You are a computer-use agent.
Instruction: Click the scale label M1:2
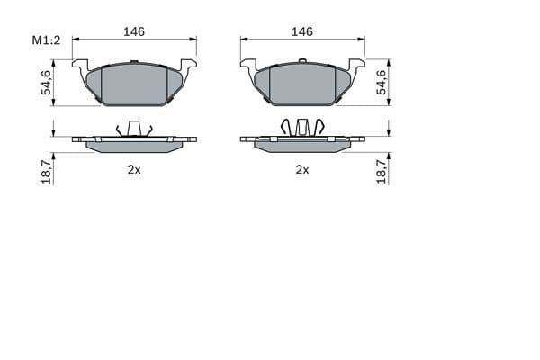point(45,40)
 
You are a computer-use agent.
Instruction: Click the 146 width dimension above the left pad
point(134,31)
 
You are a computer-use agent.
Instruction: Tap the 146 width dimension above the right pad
point(302,31)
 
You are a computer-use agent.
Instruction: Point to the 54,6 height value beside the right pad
point(381,83)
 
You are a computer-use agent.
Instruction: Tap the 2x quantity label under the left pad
point(134,169)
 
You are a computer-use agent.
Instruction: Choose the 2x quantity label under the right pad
point(302,169)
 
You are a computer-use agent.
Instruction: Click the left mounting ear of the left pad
point(81,67)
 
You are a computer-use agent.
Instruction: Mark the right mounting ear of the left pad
point(188,67)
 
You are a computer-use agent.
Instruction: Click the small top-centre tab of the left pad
point(134,62)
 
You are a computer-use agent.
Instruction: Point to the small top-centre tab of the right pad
point(302,62)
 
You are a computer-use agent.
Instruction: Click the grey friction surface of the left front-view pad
point(134,85)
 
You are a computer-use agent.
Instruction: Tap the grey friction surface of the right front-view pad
point(302,85)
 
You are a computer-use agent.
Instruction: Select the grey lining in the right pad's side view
point(302,145)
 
